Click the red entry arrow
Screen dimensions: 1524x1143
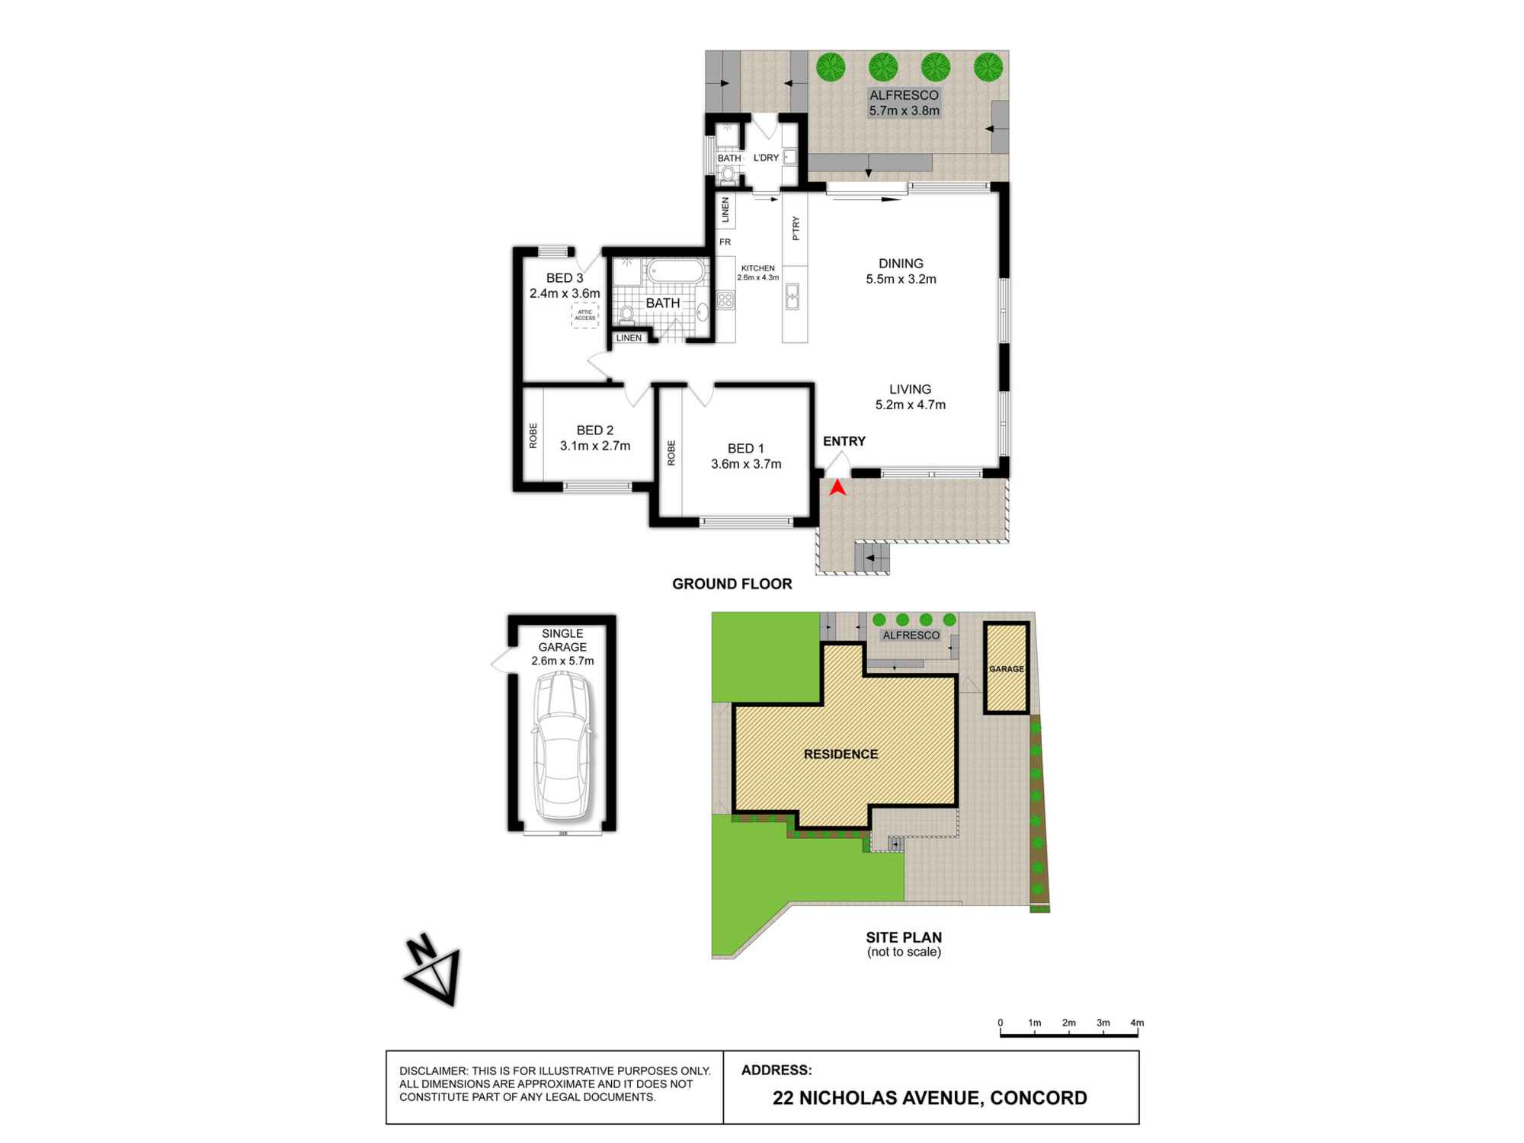click(x=837, y=488)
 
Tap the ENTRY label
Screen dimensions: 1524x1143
click(x=844, y=441)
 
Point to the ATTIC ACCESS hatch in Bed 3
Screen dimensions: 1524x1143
click(x=585, y=315)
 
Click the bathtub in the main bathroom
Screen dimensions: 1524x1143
click(x=676, y=271)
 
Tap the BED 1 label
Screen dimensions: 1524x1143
click(x=745, y=449)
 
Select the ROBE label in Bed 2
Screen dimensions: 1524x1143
click(x=533, y=435)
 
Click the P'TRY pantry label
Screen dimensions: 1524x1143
click(x=796, y=229)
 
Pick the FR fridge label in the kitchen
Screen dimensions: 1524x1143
click(x=725, y=242)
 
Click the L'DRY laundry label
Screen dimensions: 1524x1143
click(x=766, y=158)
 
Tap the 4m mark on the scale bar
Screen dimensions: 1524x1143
click(x=1137, y=1023)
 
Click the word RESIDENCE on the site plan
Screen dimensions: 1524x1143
click(x=840, y=754)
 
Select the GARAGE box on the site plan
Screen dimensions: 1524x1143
click(x=1007, y=668)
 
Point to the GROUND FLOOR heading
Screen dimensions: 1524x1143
click(x=732, y=584)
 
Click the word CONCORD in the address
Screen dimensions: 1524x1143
click(x=1039, y=1098)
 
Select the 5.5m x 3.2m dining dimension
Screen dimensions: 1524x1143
click(x=901, y=279)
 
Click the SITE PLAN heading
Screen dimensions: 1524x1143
click(x=904, y=938)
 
